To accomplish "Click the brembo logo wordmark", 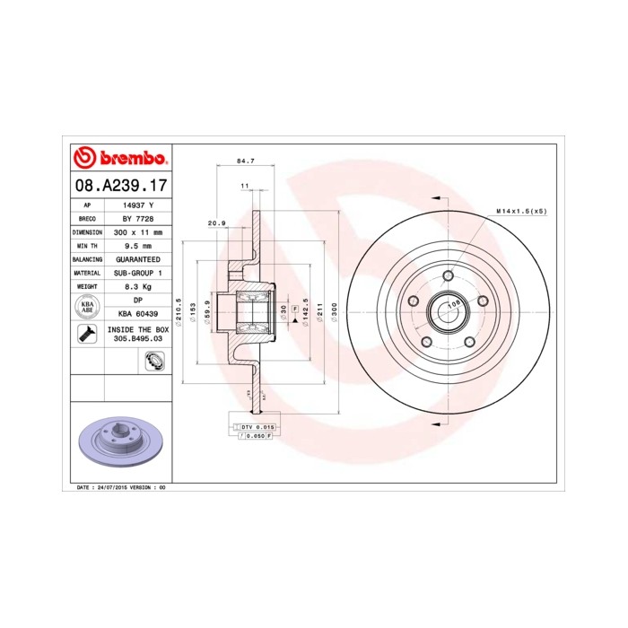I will click(x=120, y=159).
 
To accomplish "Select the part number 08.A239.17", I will click(x=119, y=187).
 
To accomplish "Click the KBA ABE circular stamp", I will click(x=88, y=307).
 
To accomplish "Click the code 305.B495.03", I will click(x=137, y=341).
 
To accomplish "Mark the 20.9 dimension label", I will click(x=216, y=222).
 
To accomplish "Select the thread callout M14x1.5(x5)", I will click(x=521, y=211).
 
